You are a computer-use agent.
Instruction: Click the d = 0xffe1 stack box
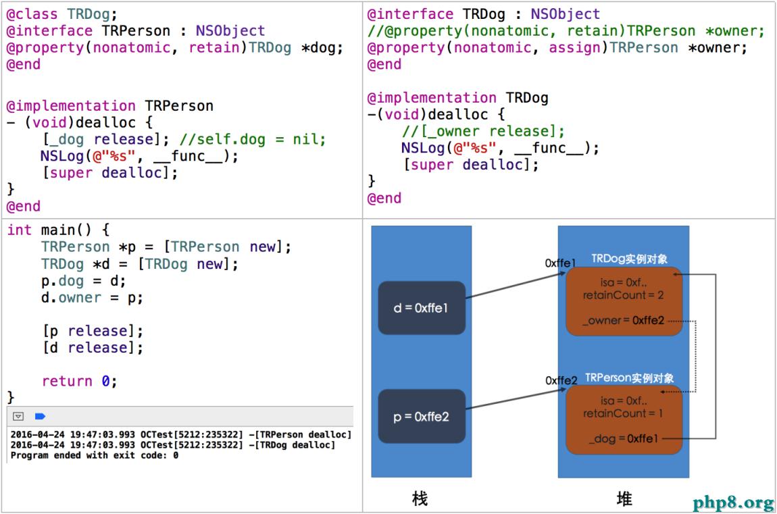[422, 308]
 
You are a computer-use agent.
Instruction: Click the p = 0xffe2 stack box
[422, 417]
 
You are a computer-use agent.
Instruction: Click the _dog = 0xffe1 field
[624, 439]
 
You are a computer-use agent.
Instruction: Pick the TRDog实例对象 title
[630, 259]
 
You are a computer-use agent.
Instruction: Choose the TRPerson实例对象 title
[629, 378]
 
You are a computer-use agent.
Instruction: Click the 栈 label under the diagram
[420, 499]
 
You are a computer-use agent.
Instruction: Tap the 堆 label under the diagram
[624, 499]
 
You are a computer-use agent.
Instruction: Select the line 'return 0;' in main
[79, 381]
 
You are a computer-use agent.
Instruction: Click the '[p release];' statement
[93, 331]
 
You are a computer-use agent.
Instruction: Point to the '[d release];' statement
[93, 348]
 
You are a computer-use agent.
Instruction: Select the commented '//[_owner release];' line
[483, 131]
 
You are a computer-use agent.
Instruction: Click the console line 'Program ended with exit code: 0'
[95, 456]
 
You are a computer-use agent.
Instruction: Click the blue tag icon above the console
[40, 417]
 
